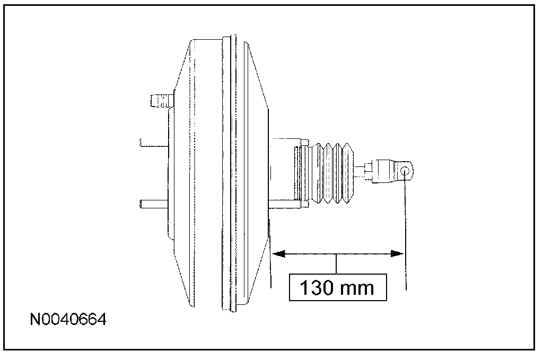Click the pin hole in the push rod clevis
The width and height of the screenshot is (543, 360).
[x=405, y=171]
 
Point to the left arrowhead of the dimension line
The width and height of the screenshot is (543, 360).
[x=278, y=254]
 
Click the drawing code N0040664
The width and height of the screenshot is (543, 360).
[x=68, y=320]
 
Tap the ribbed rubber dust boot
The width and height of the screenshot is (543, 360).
[x=332, y=172]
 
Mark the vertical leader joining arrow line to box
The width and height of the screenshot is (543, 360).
[x=337, y=264]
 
